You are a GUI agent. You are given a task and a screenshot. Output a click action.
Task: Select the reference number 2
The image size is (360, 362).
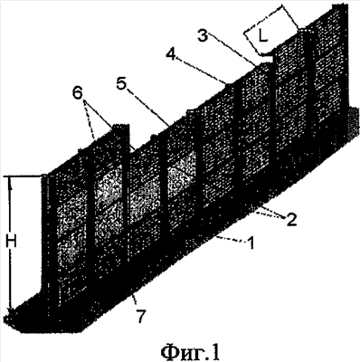291,220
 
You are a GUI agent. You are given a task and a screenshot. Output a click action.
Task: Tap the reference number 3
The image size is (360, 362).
203,36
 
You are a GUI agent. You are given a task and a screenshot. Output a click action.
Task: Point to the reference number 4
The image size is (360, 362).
172,54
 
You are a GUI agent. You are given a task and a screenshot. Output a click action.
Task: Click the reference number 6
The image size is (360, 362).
77,94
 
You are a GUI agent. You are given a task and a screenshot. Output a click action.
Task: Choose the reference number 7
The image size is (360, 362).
141,316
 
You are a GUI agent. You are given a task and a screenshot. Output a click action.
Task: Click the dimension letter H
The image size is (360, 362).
11,242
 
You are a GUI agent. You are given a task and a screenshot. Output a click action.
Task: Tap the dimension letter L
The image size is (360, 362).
263,37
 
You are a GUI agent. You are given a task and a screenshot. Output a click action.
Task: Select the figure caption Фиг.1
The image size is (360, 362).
190,353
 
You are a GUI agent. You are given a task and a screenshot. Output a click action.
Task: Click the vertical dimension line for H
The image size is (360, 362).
11,243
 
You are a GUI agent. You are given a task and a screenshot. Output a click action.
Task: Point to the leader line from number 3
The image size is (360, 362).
232,50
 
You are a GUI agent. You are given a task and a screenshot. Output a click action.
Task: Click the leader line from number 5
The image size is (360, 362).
148,106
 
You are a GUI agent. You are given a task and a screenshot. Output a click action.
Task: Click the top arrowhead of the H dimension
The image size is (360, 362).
11,180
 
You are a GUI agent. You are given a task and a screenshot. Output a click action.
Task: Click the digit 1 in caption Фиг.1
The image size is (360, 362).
213,352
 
